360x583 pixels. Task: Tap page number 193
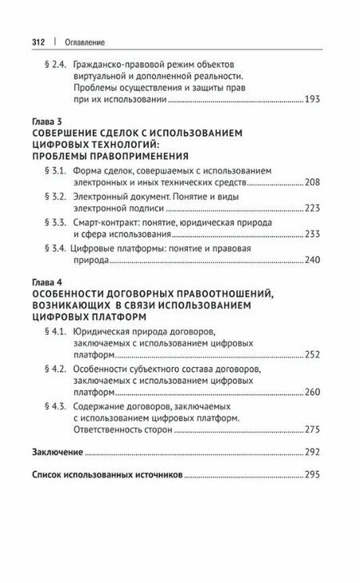310,101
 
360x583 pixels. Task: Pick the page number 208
312,183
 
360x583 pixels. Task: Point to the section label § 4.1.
55,331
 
